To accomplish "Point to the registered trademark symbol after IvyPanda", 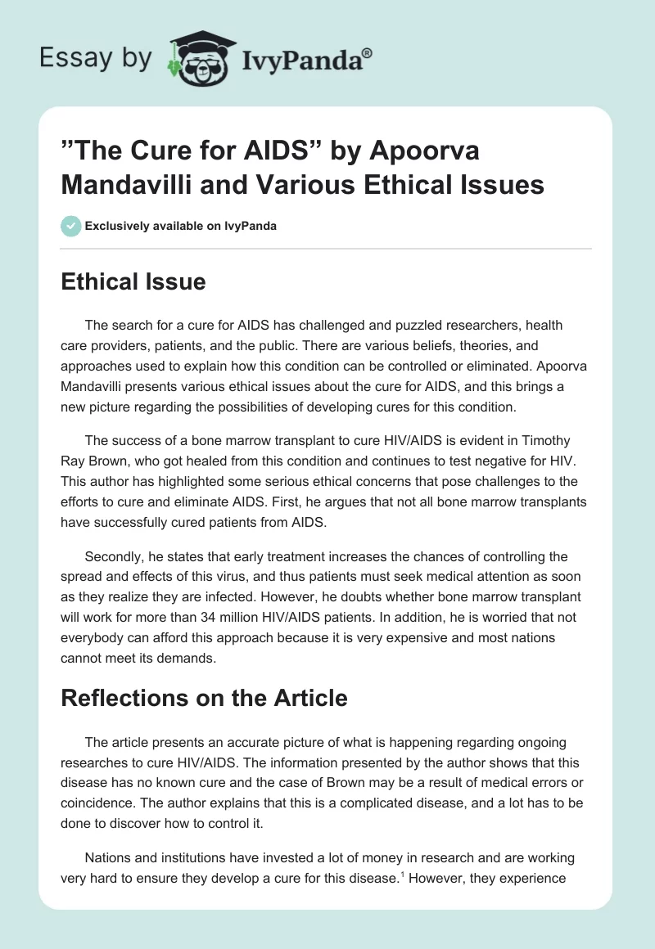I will [368, 53].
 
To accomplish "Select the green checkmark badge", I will [71, 226].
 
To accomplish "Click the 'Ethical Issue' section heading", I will [133, 282].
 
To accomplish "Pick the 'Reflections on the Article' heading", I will [205, 698].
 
